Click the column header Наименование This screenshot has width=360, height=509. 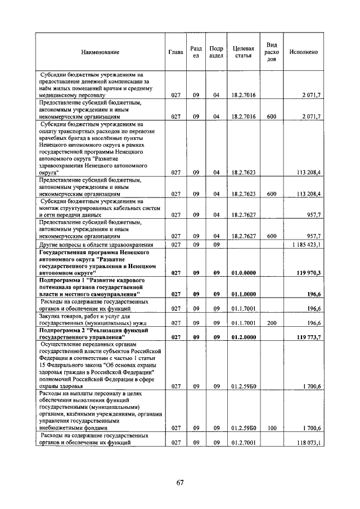click(x=100, y=52)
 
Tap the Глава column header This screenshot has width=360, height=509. click(x=175, y=52)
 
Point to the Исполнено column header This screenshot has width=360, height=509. click(x=303, y=52)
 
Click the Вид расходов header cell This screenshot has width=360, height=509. click(x=271, y=52)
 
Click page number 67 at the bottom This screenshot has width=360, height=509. click(x=179, y=482)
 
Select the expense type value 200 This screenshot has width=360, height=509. click(x=271, y=323)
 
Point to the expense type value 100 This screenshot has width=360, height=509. click(x=271, y=428)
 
